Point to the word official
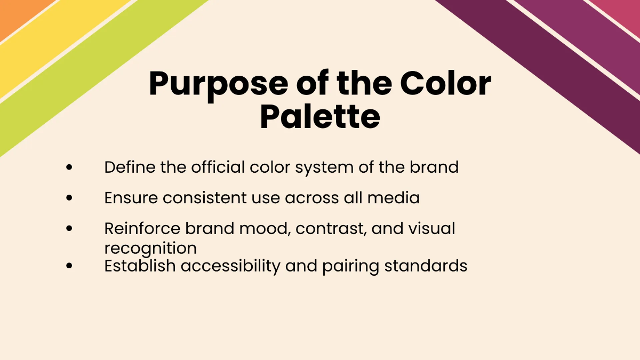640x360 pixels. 218,167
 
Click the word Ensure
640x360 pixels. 131,198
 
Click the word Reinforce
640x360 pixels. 142,228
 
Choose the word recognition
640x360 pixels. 150,248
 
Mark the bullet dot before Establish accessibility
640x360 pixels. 69,265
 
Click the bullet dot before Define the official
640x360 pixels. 69,167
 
